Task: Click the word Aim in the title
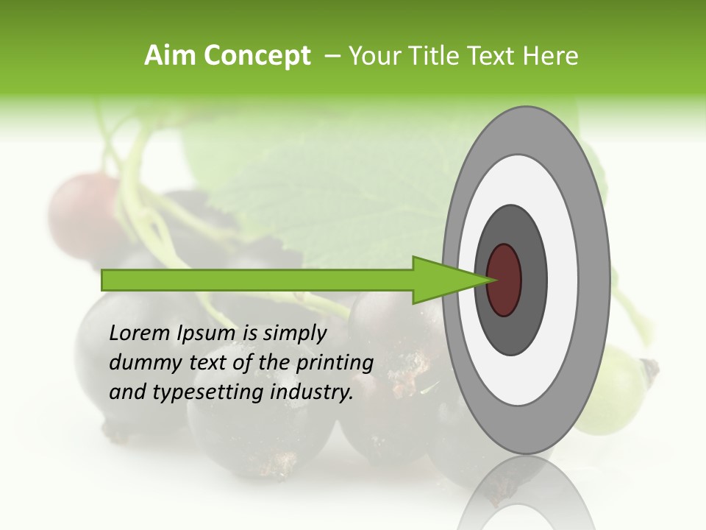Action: pyautogui.click(x=171, y=55)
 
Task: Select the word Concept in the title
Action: pyautogui.click(x=257, y=56)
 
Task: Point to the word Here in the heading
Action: pyautogui.click(x=551, y=55)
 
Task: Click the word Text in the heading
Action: pyautogui.click(x=496, y=55)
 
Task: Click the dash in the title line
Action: pyautogui.click(x=332, y=56)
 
